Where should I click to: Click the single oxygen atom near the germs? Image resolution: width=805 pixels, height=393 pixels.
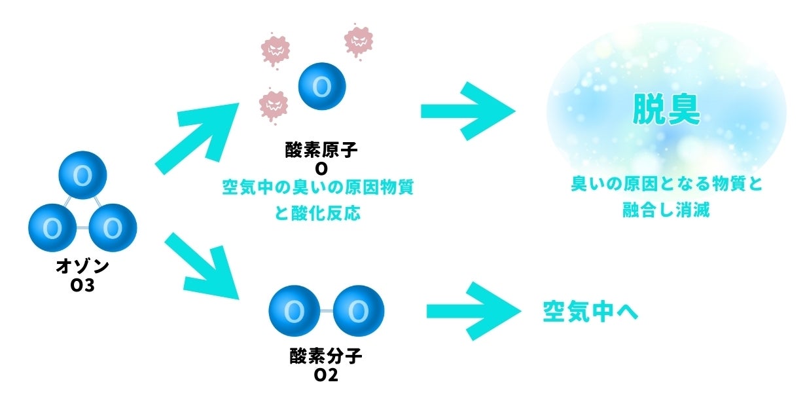[321, 86]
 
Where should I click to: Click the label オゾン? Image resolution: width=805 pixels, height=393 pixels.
[82, 268]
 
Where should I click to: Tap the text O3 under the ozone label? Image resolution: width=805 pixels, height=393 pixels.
[82, 285]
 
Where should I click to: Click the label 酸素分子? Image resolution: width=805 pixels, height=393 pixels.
[325, 357]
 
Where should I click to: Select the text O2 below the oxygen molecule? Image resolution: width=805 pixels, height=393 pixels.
[325, 375]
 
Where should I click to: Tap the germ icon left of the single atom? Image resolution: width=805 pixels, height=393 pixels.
[274, 104]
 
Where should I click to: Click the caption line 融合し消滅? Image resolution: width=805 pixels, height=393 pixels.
[666, 211]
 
